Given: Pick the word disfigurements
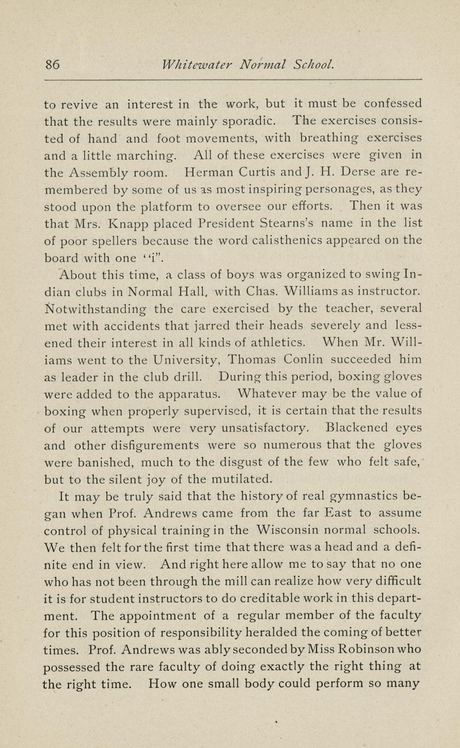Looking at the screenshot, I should tap(147, 446).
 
